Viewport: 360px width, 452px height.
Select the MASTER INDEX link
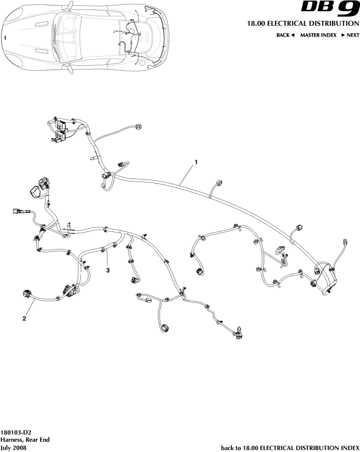318,35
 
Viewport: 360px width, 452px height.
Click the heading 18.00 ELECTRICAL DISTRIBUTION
300,23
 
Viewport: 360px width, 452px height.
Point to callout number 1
196,161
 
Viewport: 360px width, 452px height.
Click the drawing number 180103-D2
16,432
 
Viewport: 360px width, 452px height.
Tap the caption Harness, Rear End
25,440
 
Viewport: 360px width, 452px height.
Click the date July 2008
13,448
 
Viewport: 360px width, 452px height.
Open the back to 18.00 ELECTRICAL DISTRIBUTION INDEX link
290,448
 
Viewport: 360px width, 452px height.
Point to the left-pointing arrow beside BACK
293,35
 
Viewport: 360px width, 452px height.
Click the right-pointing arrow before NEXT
343,35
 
